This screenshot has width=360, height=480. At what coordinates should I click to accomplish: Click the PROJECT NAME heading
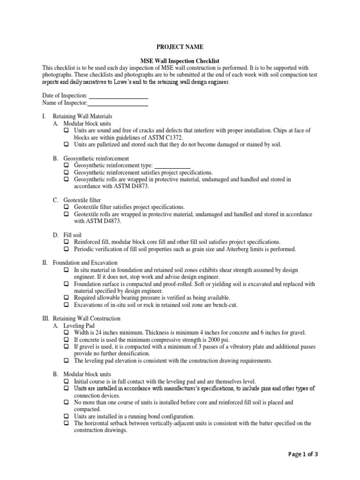(x=180, y=47)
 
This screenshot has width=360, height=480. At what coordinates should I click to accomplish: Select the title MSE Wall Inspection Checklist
(x=180, y=61)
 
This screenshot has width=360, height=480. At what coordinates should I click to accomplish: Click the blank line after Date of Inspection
(x=119, y=96)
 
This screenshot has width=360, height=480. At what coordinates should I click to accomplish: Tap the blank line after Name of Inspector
(x=119, y=103)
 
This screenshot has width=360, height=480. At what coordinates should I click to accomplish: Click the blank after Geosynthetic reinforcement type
(x=172, y=165)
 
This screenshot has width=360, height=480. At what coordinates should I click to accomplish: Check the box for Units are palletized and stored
(x=67, y=144)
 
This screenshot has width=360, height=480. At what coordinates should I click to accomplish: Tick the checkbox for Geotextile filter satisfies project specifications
(x=67, y=207)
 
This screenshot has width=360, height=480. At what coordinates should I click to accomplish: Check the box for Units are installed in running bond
(x=67, y=416)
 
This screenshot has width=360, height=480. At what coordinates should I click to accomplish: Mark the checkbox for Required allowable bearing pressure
(x=67, y=298)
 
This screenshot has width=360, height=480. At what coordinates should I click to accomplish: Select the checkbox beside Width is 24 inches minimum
(x=67, y=332)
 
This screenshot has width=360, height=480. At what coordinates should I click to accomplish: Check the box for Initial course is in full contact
(x=67, y=382)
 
